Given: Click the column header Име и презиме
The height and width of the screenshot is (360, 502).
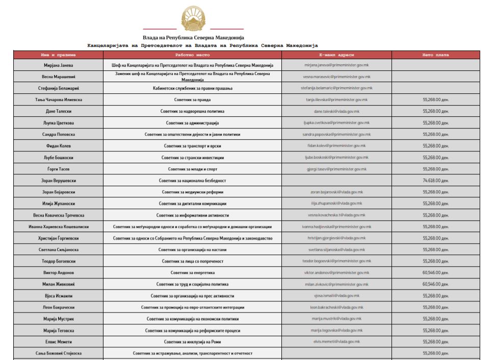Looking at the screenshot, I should [58, 55].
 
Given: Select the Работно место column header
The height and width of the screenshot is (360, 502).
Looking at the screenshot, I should [192, 55].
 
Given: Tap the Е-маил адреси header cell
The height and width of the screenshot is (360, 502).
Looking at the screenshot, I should [336, 55].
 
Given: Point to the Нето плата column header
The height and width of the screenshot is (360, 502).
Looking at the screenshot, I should [435, 55].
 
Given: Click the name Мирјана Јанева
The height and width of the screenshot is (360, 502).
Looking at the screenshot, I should [58, 65].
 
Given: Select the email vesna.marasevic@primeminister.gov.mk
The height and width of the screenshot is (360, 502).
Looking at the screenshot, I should [336, 76].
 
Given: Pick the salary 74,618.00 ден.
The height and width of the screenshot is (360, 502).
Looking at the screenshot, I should [435, 181].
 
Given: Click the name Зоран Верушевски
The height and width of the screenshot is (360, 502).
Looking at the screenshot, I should [58, 181].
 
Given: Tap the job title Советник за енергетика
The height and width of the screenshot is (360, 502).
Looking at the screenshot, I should [192, 273].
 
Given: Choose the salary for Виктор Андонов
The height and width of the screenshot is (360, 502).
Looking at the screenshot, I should [435, 273].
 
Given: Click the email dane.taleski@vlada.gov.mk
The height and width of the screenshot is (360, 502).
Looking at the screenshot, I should [336, 111].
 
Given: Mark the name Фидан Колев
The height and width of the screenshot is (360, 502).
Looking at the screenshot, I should [58, 146].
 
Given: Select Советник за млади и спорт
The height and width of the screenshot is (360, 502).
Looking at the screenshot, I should [192, 169].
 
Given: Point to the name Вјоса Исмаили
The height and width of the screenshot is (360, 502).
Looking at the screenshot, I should [58, 296].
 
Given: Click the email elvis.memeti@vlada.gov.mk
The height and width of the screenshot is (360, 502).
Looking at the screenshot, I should [336, 342].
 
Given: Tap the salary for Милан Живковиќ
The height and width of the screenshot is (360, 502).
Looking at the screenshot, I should [435, 284].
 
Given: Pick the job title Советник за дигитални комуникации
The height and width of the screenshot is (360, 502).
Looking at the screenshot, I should [192, 203].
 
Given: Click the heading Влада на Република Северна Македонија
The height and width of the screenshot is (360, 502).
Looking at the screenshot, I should [193, 38].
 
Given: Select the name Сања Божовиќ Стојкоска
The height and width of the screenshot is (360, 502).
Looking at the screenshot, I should [58, 353].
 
